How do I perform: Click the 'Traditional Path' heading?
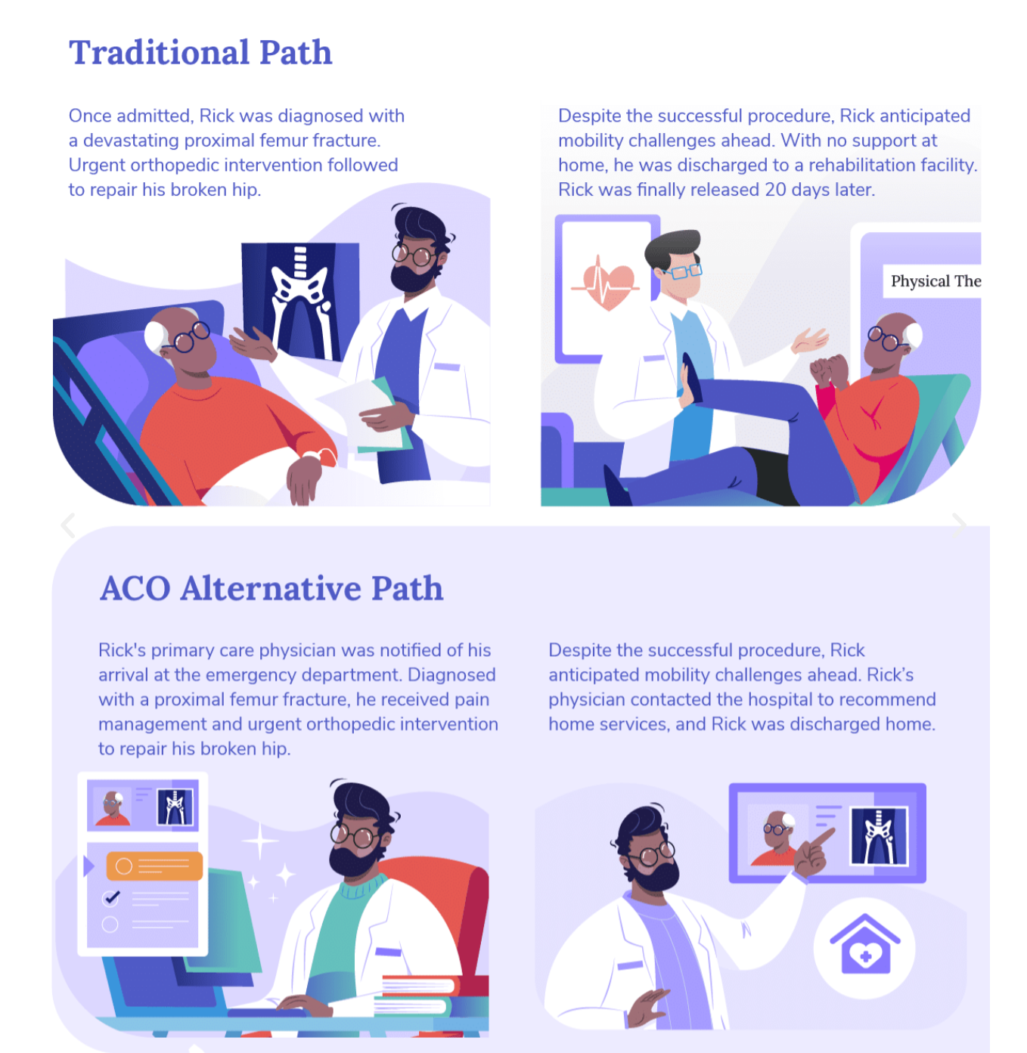200,53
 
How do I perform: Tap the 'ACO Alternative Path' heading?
271,589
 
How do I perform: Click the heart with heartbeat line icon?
607,285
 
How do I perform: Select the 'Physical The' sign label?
935,281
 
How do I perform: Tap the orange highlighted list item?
154,866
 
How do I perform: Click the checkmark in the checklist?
112,897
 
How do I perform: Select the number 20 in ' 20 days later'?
775,190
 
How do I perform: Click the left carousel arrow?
68,525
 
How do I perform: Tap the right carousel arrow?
959,523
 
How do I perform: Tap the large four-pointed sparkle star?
259,841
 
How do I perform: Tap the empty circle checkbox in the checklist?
110,924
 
